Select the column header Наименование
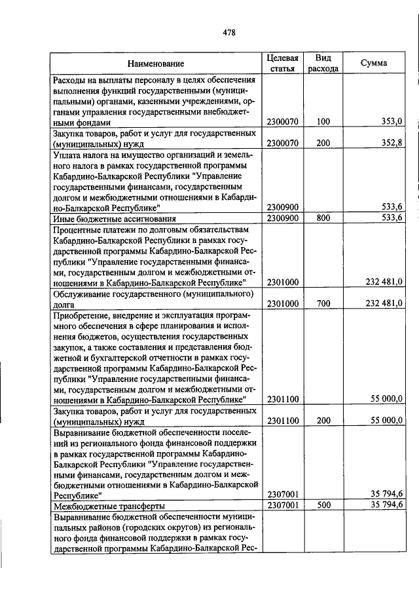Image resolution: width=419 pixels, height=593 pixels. click(156, 64)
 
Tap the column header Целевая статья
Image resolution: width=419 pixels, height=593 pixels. click(283, 63)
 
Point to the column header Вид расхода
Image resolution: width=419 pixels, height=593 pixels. click(323, 63)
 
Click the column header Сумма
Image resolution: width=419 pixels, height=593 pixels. click(374, 63)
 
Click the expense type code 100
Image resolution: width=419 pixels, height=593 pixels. click(323, 122)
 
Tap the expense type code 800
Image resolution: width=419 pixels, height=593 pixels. click(323, 218)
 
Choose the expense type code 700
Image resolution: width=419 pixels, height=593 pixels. click(323, 303)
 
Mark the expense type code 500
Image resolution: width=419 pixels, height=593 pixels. click(323, 505)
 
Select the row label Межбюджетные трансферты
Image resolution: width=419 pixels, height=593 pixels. click(109, 506)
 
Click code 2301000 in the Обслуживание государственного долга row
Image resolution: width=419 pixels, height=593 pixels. click(283, 303)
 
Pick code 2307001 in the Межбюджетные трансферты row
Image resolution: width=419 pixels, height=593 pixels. click(283, 505)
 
